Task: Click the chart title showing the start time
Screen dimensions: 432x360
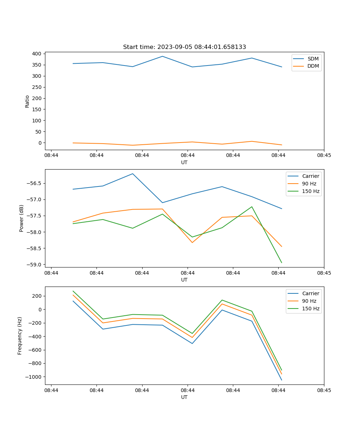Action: (x=184, y=47)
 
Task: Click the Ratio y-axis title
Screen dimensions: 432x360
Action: (x=27, y=101)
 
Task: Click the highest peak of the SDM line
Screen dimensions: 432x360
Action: (x=162, y=56)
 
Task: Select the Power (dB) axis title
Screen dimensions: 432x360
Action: (x=22, y=218)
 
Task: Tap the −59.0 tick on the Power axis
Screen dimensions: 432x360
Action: (x=35, y=265)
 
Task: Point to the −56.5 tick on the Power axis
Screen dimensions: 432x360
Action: (x=35, y=183)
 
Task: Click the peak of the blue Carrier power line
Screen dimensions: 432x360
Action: (x=132, y=174)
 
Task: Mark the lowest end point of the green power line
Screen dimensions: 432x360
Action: (x=282, y=263)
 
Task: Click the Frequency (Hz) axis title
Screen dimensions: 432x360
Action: (x=20, y=336)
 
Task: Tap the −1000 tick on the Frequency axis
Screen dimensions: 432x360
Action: (x=33, y=377)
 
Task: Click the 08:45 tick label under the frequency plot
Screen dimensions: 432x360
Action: (x=324, y=390)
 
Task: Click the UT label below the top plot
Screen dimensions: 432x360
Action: (x=184, y=162)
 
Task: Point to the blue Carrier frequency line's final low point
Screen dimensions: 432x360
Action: (x=282, y=380)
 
